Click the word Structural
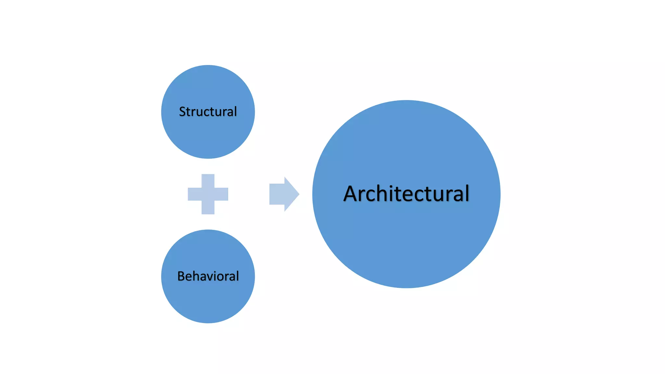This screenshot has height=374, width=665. pos(208,112)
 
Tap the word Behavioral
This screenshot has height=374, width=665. pos(208,276)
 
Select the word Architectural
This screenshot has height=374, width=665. pos(406,194)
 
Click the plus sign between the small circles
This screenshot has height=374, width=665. pos(208,194)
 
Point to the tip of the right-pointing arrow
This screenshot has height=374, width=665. pos(298,194)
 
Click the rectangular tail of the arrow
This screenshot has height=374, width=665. pos(277,194)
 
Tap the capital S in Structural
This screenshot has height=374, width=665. pos(182,112)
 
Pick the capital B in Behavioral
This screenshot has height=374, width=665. pos(181,276)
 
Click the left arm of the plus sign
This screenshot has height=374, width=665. pos(194,194)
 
